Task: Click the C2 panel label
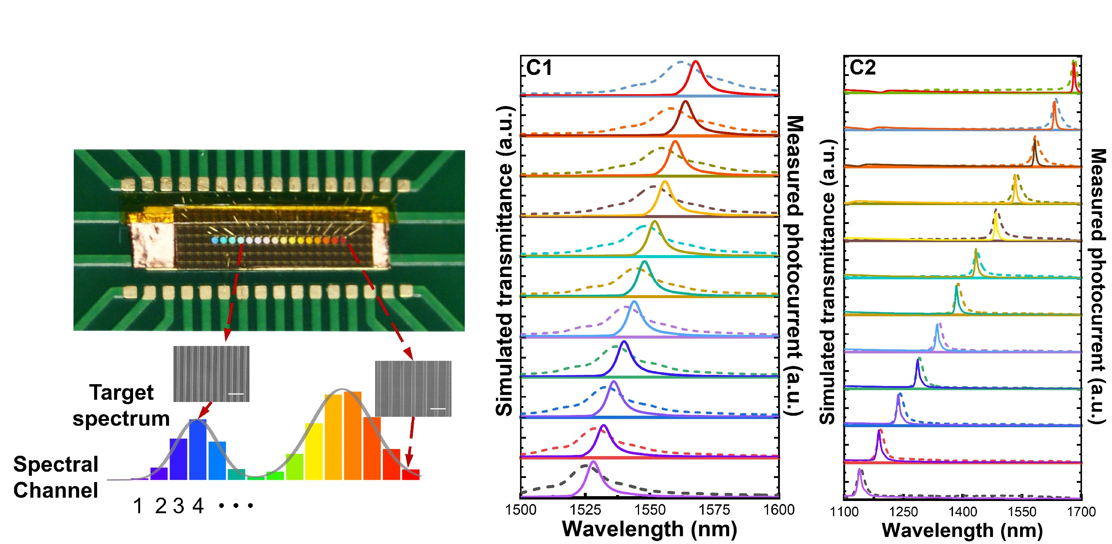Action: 863,68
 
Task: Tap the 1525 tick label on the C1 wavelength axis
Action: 585,510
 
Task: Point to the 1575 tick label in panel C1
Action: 714,510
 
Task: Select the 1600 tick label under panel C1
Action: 779,510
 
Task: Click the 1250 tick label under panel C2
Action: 903,512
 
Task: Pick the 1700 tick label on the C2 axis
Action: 1081,512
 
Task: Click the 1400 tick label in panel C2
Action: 963,512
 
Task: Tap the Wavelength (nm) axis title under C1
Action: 650,529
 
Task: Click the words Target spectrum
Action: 121,406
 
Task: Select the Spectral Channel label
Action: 56,478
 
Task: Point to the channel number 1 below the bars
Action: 138,506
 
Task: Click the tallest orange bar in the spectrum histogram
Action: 353,436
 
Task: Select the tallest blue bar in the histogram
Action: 198,449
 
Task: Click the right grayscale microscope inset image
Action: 413,389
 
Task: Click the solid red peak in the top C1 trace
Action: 695,62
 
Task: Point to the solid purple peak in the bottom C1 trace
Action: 593,462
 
